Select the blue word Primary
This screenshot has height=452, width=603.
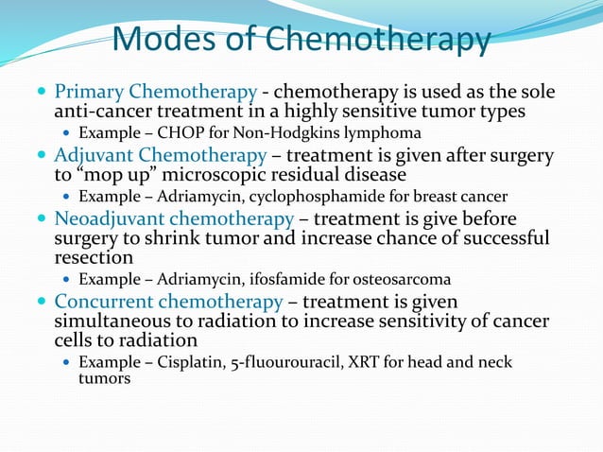pos(89,93)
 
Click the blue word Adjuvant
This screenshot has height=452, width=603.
pos(93,154)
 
